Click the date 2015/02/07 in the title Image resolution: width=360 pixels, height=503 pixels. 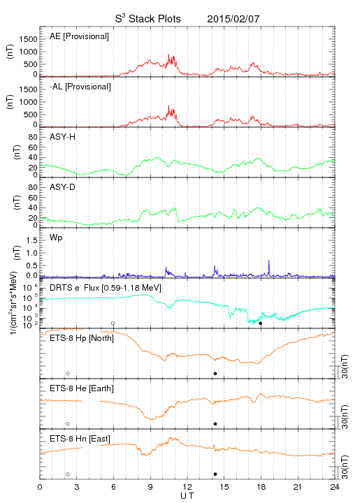click(233, 19)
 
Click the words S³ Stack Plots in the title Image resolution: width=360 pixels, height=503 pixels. click(148, 19)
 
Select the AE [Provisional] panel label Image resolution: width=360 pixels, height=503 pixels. click(79, 36)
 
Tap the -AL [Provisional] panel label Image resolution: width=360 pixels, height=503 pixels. click(80, 87)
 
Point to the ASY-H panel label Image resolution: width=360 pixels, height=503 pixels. click(63, 137)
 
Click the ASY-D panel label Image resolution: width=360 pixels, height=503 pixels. click(63, 187)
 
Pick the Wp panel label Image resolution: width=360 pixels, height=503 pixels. click(56, 238)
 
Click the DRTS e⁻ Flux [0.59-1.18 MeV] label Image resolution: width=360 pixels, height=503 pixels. click(106, 288)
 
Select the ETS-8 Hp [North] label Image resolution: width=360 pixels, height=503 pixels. click(82, 338)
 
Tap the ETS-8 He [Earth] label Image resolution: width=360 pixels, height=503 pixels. click(82, 388)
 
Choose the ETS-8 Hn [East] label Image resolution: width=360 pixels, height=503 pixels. click(80, 439)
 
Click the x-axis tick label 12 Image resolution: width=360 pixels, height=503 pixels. click(187, 487)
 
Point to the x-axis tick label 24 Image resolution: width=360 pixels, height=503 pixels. click(335, 487)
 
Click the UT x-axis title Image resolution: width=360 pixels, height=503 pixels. click(187, 496)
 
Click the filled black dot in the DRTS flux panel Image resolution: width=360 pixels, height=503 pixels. click(261, 323)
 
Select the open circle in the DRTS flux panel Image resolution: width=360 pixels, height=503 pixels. click(113, 323)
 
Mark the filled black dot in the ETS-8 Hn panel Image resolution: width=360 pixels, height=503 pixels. click(215, 474)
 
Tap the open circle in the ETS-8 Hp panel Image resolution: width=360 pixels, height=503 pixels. click(68, 374)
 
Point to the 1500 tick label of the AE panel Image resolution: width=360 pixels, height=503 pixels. click(29, 39)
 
